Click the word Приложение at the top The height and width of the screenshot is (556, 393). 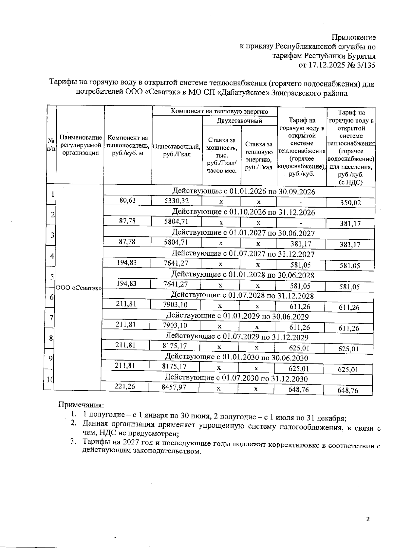353,37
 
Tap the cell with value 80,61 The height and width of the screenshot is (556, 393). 127,200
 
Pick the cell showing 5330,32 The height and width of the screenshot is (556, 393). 176,201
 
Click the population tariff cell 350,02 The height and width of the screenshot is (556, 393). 350,203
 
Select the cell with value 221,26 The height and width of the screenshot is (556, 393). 124,386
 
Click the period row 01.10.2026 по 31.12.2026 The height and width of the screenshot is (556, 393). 243,212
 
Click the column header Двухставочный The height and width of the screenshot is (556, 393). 239,121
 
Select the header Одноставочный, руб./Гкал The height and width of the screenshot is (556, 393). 177,150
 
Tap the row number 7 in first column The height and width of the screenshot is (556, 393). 51,318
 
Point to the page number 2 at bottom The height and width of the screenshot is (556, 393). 367,519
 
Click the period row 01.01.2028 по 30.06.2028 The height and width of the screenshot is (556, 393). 242,275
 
